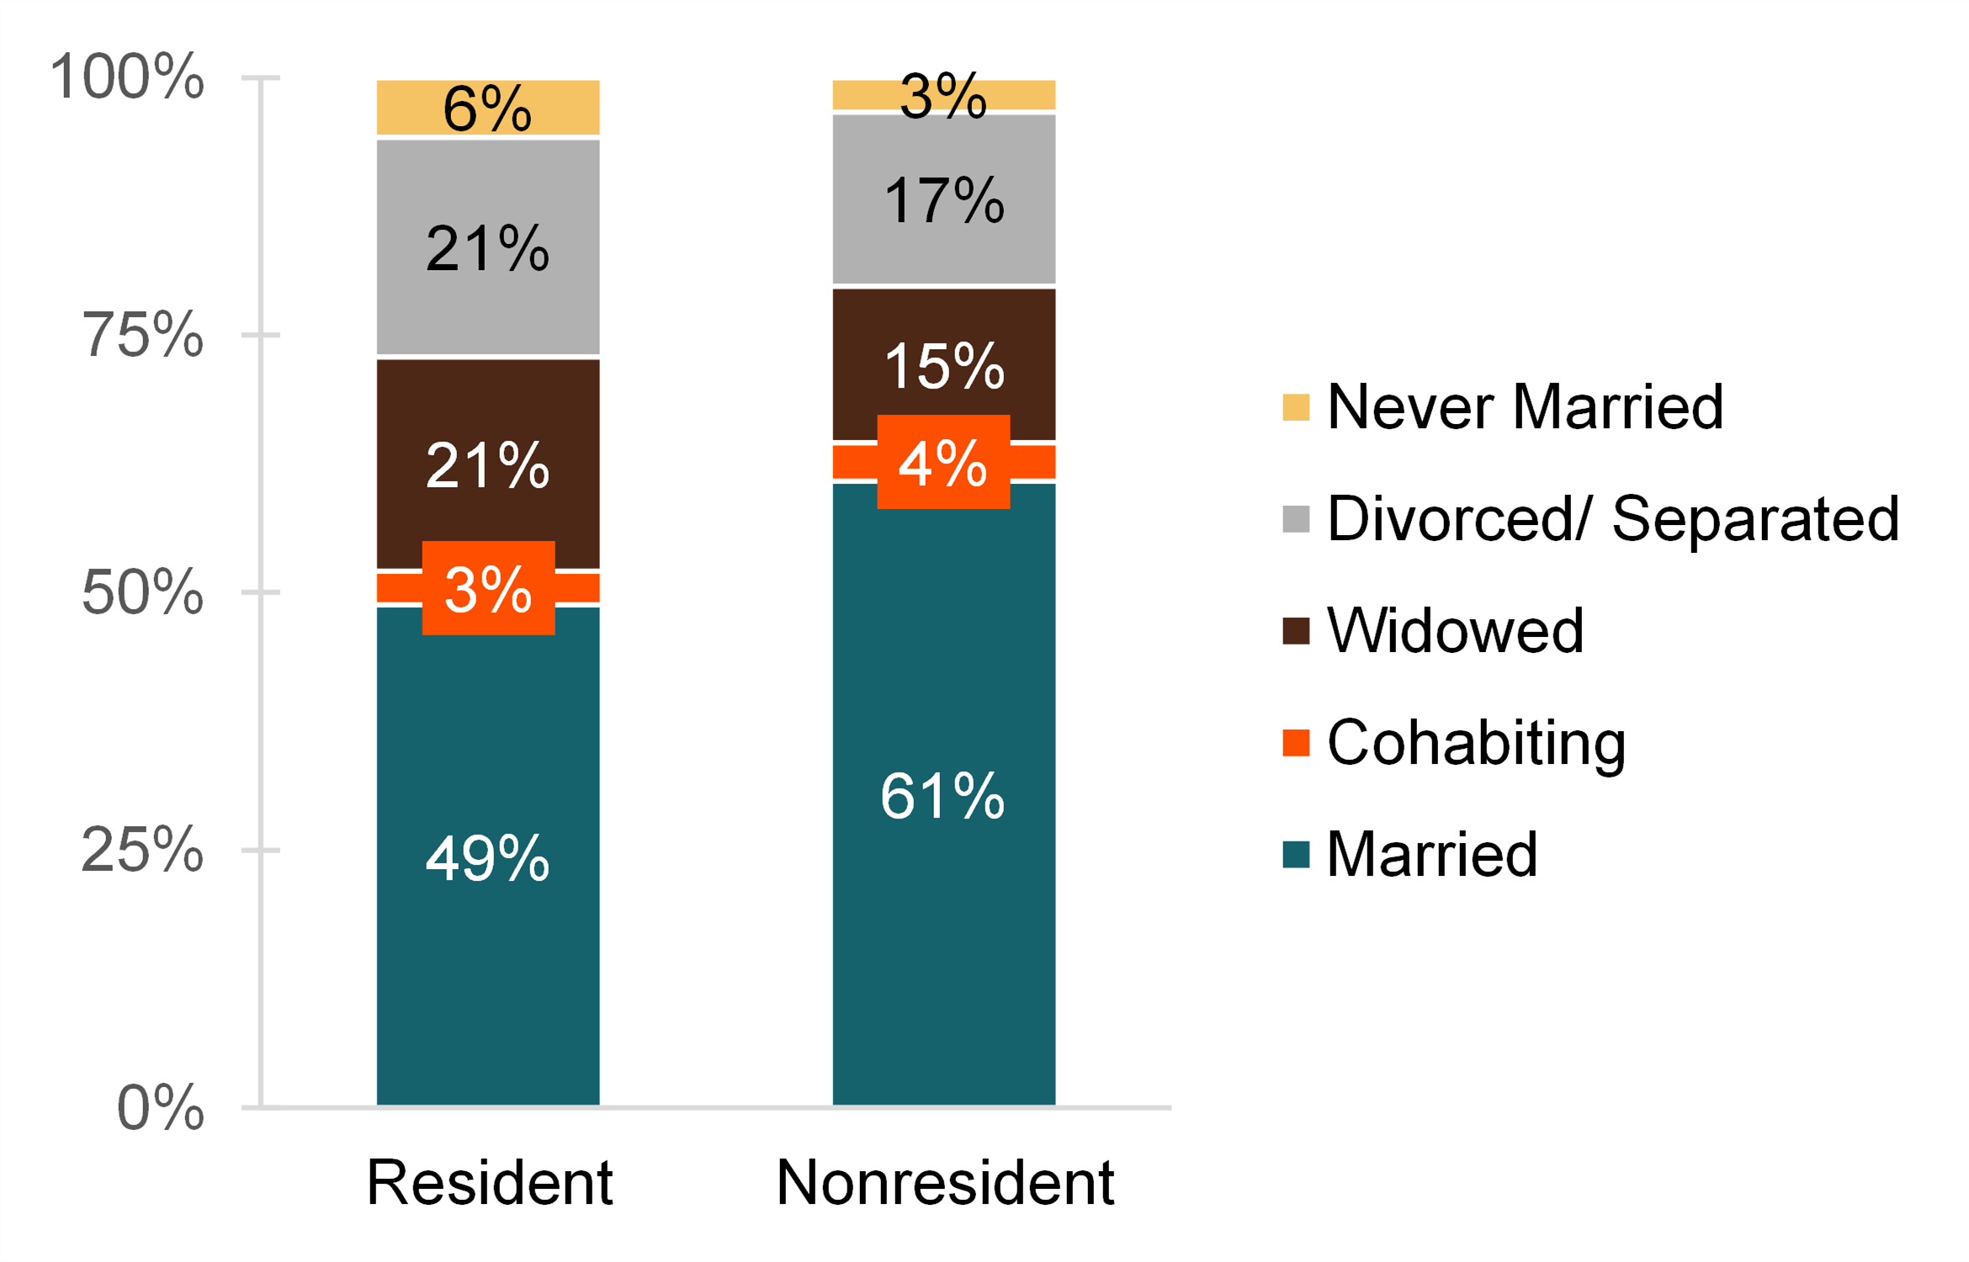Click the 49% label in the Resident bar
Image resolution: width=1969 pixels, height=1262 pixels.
pos(488,858)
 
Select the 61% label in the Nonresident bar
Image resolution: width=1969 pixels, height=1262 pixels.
pos(942,795)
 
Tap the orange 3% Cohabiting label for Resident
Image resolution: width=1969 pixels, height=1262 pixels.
pos(488,588)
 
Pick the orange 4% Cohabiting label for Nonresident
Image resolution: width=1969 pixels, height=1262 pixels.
pos(942,462)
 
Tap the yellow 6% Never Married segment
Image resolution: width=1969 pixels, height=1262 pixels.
pos(488,108)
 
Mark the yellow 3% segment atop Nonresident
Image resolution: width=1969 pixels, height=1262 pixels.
pos(943,95)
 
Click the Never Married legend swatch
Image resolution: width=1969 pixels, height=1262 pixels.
pos(1296,407)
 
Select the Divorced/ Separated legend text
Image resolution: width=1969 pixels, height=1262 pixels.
pos(1612,518)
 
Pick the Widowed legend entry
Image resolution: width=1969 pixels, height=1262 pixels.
pos(1455,630)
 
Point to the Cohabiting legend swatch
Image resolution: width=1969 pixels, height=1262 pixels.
pos(1296,743)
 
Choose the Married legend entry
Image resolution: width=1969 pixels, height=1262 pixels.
pos(1431,854)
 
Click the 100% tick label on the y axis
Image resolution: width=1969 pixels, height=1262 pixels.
pos(126,77)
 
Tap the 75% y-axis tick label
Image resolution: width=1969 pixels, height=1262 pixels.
pos(141,335)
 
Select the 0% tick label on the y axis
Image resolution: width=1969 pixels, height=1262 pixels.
pos(160,1107)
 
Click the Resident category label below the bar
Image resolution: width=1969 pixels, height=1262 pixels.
pos(489,1182)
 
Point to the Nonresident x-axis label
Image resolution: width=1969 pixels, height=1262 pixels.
pos(944,1182)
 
